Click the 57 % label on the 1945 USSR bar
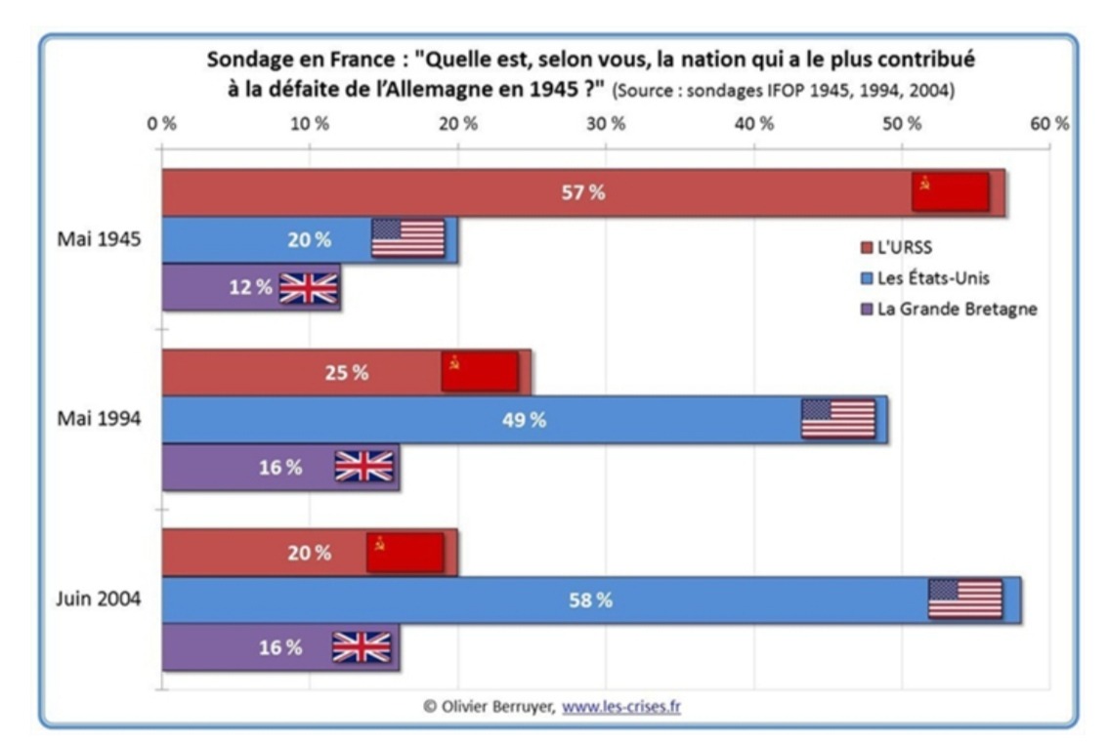coord(582,192)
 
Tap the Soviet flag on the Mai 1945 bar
coord(950,191)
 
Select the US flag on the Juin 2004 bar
coord(964,599)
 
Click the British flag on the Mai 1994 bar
coord(363,467)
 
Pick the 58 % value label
coord(590,600)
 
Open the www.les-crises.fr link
coord(621,706)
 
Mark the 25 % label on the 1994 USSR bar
coord(347,373)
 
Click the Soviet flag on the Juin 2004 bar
coord(405,552)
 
